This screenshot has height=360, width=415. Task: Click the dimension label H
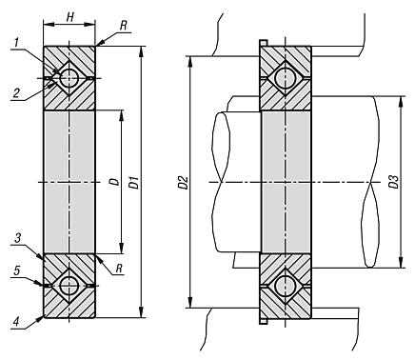69,17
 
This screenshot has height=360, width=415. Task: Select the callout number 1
17,43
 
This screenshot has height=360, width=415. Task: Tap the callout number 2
16,93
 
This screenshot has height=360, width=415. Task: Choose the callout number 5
17,270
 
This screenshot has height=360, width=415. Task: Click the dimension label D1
135,182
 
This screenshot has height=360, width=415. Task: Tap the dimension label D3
394,182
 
